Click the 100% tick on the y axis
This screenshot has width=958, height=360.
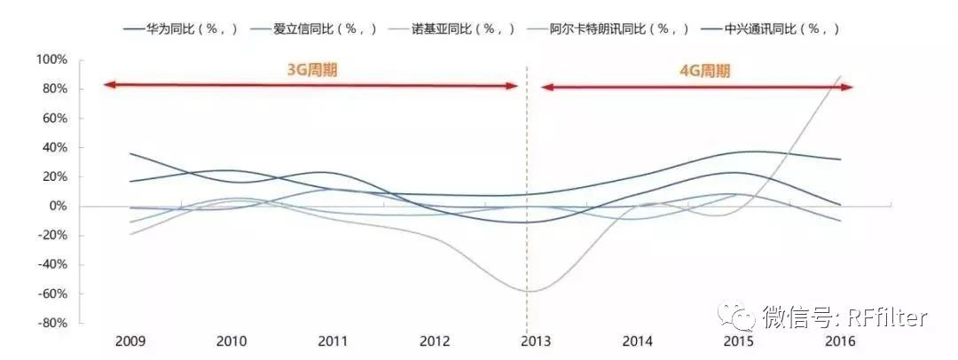point(51,59)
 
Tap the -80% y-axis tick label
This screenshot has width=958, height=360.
point(51,323)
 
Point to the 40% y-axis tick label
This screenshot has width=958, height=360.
point(54,147)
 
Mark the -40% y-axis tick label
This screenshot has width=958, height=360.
point(51,264)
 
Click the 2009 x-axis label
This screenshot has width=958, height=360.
point(130,341)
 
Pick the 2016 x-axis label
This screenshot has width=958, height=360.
point(840,341)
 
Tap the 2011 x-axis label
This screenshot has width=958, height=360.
point(333,341)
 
